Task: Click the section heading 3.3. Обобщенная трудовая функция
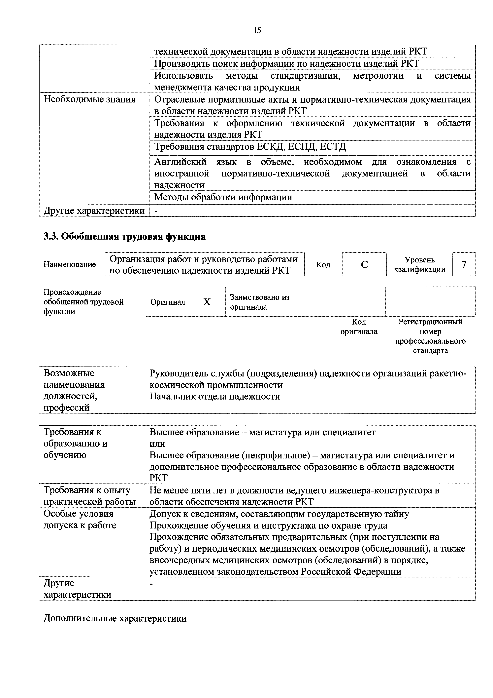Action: [124, 237]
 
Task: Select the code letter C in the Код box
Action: [364, 264]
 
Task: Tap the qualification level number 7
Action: [464, 264]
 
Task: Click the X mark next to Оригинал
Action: [207, 302]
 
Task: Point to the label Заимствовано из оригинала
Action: [260, 302]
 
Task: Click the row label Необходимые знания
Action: [90, 99]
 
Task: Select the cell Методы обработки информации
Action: [223, 197]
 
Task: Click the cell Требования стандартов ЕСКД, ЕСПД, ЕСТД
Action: [250, 147]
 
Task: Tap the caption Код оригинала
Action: [359, 327]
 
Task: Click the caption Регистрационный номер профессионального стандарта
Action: [430, 336]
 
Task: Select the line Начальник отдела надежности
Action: [215, 396]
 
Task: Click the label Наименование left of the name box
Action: [70, 264]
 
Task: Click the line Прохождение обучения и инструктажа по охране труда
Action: [269, 525]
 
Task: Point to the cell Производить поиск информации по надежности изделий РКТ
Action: [286, 63]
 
